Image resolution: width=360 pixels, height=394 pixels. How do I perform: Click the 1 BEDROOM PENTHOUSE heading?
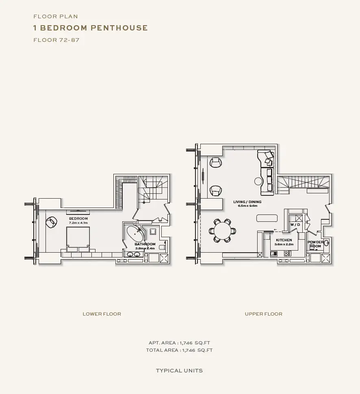(x=91, y=28)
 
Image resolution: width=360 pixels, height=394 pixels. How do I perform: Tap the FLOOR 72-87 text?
(x=56, y=40)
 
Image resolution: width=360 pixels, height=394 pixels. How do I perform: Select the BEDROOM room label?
(x=78, y=219)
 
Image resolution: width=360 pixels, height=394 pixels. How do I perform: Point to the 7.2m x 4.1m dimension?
(x=78, y=223)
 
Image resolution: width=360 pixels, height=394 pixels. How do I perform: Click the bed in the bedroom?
(x=78, y=239)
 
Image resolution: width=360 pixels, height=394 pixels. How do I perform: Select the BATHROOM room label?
(x=145, y=244)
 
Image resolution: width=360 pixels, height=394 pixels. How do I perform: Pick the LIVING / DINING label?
(x=247, y=202)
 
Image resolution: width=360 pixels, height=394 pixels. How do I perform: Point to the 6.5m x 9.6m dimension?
(x=247, y=206)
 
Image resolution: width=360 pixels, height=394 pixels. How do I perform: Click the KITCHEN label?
(x=284, y=240)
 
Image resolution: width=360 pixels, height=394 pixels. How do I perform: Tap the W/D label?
(x=295, y=225)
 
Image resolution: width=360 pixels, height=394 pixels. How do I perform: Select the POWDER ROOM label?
(x=315, y=244)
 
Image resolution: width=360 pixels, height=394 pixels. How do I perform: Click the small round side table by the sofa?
(x=258, y=181)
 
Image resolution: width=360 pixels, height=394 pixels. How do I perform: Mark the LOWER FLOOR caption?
(x=102, y=314)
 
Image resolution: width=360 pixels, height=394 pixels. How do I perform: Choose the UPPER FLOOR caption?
(x=263, y=314)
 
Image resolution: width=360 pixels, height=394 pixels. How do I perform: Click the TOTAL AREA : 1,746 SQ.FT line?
(x=179, y=350)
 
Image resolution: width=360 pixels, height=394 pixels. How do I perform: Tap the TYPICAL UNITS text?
(x=179, y=370)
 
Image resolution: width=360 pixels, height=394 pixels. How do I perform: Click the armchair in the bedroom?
(x=52, y=222)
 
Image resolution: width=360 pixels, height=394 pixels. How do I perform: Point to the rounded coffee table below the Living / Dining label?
(x=267, y=218)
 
